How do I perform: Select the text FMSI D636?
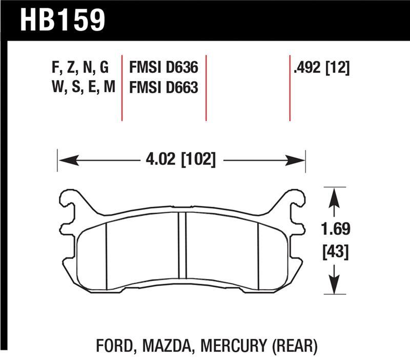(163, 68)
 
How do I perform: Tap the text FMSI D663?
(163, 88)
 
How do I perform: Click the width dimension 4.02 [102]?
(180, 159)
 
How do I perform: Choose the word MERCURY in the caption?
(231, 345)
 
